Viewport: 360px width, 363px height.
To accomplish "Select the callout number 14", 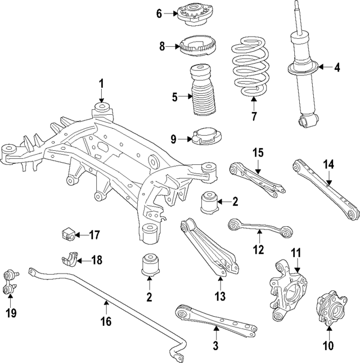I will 328,164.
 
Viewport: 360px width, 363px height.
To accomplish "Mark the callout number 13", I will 219,295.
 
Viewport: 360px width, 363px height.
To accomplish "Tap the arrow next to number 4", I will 323,68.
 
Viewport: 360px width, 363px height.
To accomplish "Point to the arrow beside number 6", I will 171,14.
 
